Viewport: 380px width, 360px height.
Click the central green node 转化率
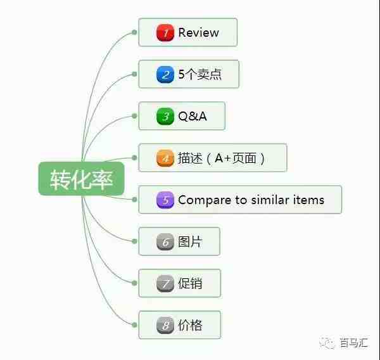point(82,179)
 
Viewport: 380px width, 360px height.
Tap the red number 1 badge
point(165,32)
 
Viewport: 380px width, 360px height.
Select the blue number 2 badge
point(165,74)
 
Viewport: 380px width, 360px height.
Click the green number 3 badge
point(165,116)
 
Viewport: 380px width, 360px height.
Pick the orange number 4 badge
point(165,158)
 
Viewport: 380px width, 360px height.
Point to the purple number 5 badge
point(165,200)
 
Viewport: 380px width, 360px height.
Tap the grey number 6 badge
point(165,241)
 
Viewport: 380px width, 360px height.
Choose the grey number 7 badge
point(165,283)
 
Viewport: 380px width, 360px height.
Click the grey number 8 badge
point(165,325)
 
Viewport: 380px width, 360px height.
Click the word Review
point(198,32)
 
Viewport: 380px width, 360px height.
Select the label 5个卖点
point(200,74)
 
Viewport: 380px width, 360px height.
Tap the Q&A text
point(193,116)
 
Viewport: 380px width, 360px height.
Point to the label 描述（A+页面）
point(221,158)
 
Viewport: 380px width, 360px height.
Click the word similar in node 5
point(270,200)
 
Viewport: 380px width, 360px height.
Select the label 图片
point(190,241)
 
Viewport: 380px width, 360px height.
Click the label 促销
point(190,283)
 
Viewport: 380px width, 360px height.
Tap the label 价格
point(190,325)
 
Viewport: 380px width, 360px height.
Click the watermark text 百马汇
point(354,342)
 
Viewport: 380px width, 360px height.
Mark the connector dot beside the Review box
point(134,32)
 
